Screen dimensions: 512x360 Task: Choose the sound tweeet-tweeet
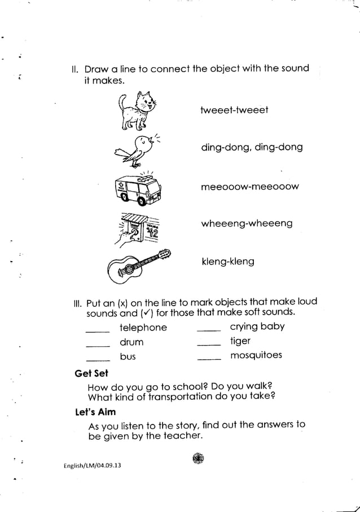[234, 109]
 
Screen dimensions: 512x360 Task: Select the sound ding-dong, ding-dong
[252, 147]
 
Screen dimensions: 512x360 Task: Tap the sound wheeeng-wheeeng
[247, 224]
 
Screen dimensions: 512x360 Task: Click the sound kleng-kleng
[228, 262]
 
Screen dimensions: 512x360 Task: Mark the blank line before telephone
[97, 332]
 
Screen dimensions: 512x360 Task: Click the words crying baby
[257, 326]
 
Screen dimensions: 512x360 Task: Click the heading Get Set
[91, 374]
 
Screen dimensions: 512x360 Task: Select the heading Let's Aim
[95, 412]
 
